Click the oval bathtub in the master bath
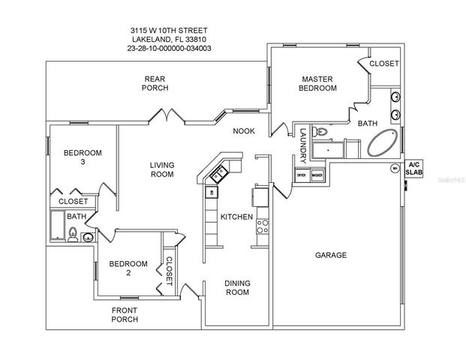383,142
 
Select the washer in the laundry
317,175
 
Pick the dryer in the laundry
302,175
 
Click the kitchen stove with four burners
263,223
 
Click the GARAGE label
330,255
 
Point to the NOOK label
243,130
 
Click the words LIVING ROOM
161,169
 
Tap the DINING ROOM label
237,287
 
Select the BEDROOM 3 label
82,157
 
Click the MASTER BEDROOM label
319,83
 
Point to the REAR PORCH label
155,82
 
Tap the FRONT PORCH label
125,314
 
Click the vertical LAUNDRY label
302,142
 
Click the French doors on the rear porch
166,116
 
